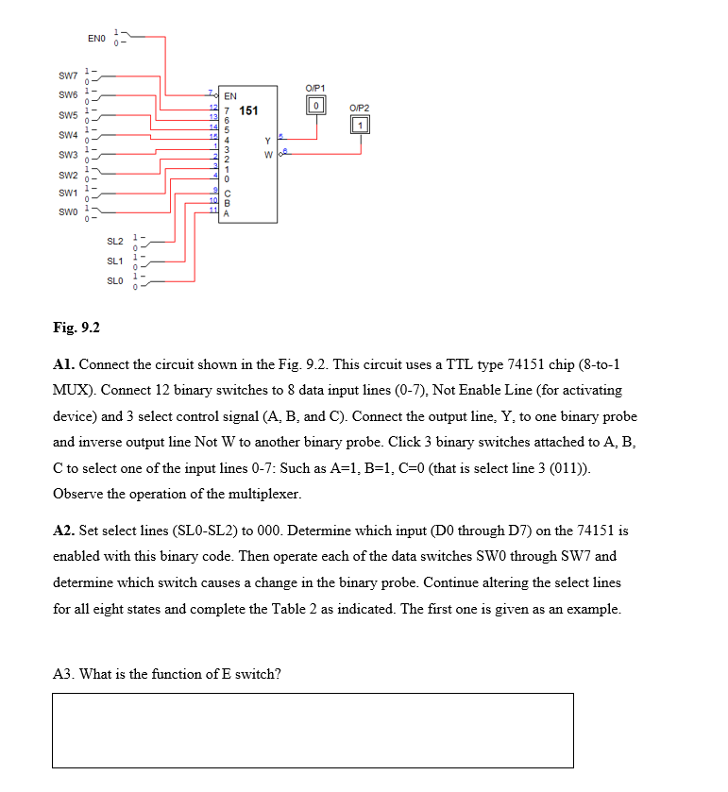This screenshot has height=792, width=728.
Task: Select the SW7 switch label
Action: click(x=67, y=76)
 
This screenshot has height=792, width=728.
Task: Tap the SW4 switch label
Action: click(x=67, y=135)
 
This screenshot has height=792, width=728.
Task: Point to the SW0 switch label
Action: click(x=67, y=212)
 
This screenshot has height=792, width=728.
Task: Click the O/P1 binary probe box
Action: click(x=318, y=104)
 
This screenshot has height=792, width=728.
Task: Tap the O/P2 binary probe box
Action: click(x=360, y=125)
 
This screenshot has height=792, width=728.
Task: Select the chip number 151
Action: click(x=248, y=111)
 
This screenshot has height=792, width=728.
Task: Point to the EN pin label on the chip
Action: click(x=230, y=96)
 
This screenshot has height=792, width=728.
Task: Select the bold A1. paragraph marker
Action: click(x=65, y=363)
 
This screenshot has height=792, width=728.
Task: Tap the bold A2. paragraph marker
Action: click(x=65, y=531)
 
